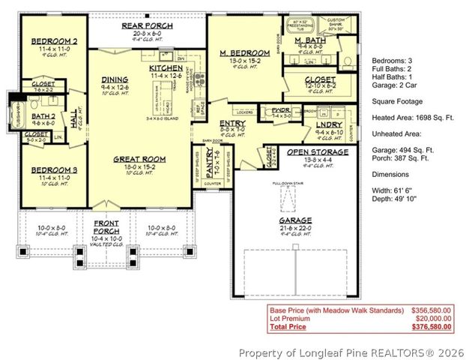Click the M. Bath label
pyautogui.click(x=308, y=39)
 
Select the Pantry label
pyautogui.click(x=199, y=161)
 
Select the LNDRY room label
pyautogui.click(x=329, y=124)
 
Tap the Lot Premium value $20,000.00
pyautogui.click(x=433, y=318)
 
